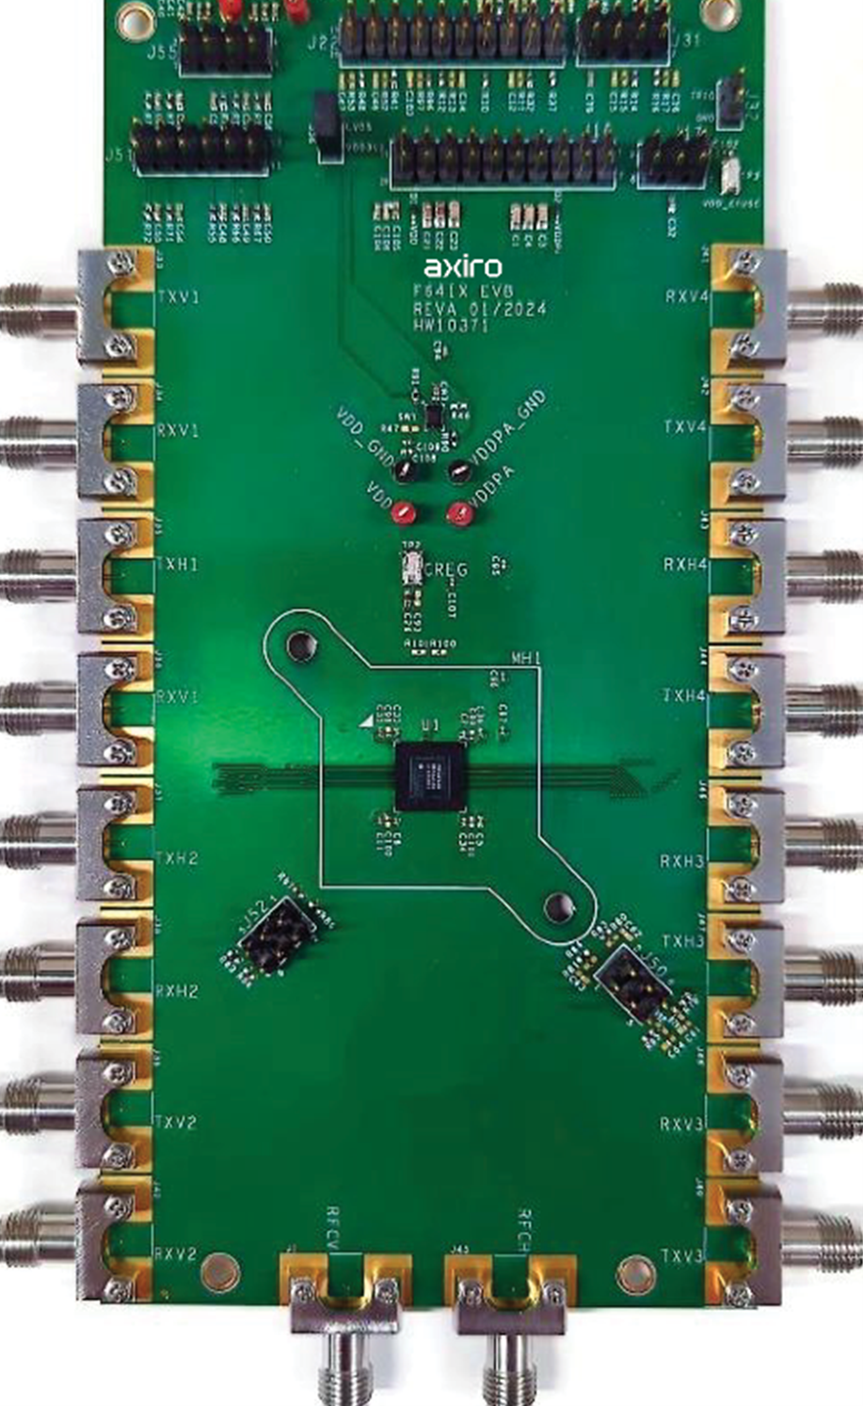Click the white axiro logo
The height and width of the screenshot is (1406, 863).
pos(462,267)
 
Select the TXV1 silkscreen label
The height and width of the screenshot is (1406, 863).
pos(177,298)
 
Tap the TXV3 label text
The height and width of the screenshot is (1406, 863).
pos(683,1256)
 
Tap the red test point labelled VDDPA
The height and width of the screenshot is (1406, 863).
pos(459,513)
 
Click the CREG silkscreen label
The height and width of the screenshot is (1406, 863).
pos(446,568)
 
